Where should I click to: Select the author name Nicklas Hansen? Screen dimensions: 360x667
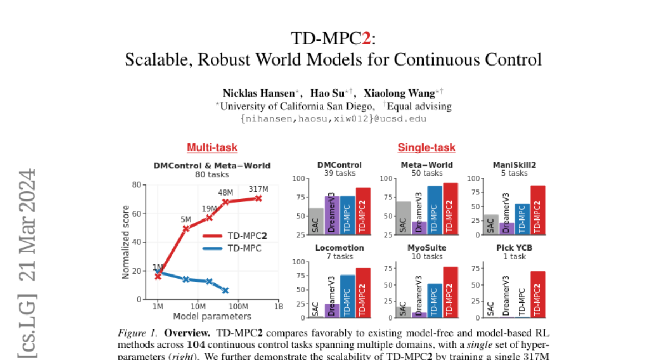click(255, 93)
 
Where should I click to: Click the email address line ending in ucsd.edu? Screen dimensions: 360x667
click(333, 118)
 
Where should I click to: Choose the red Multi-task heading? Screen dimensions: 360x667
click(212, 147)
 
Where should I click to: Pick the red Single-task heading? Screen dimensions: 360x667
click(426, 147)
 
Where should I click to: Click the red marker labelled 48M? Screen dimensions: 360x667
click(226, 202)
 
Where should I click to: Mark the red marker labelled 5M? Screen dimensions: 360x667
click(186, 228)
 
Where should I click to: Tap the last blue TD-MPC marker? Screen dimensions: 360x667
click(226, 291)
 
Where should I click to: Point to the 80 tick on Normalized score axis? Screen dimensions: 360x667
click(136, 184)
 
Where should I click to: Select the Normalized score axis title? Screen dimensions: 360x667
click(126, 242)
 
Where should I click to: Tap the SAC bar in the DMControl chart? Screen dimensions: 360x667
click(316, 221)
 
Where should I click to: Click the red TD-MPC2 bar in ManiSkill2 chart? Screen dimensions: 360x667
click(538, 210)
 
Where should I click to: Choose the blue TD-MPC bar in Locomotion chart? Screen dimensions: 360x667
click(347, 296)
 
